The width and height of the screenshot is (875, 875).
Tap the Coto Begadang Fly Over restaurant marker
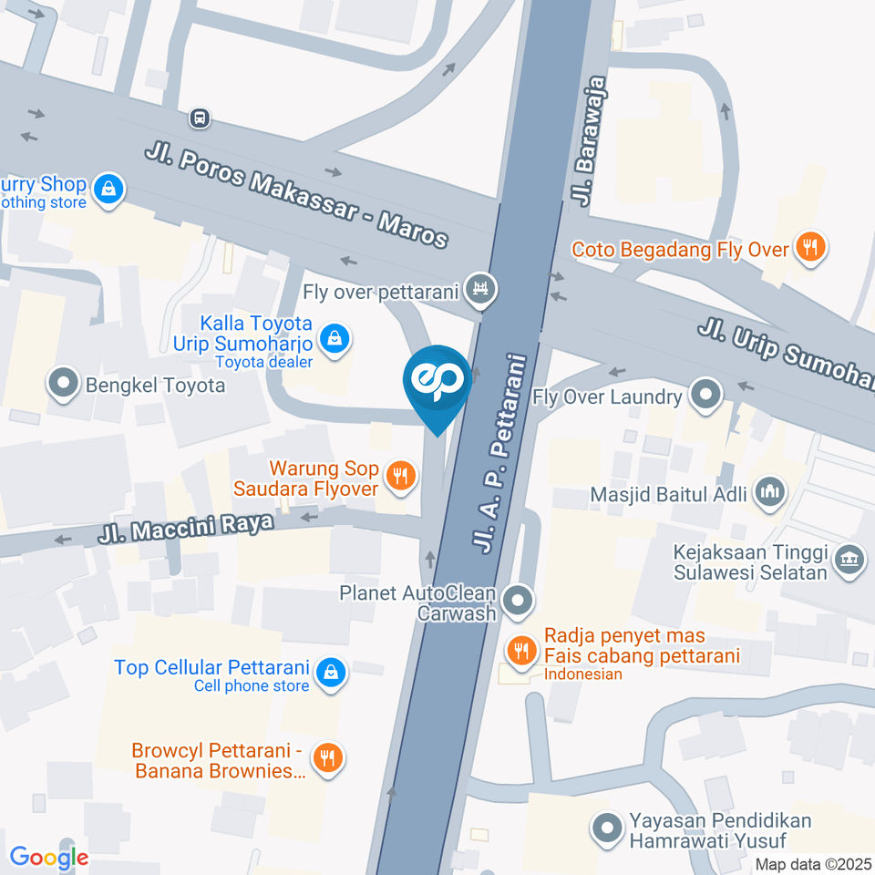click(808, 246)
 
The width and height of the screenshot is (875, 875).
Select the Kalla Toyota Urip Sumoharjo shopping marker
click(335, 338)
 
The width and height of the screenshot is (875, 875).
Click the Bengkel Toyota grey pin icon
click(64, 384)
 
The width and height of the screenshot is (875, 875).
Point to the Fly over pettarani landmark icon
click(478, 288)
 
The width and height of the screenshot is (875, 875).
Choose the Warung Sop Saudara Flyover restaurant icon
click(398, 474)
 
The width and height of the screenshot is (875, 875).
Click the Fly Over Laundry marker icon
click(705, 396)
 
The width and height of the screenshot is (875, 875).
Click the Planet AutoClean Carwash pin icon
click(519, 600)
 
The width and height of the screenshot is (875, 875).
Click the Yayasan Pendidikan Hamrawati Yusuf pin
click(603, 829)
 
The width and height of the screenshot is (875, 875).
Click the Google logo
click(49, 857)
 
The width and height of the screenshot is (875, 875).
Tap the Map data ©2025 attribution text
click(813, 864)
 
